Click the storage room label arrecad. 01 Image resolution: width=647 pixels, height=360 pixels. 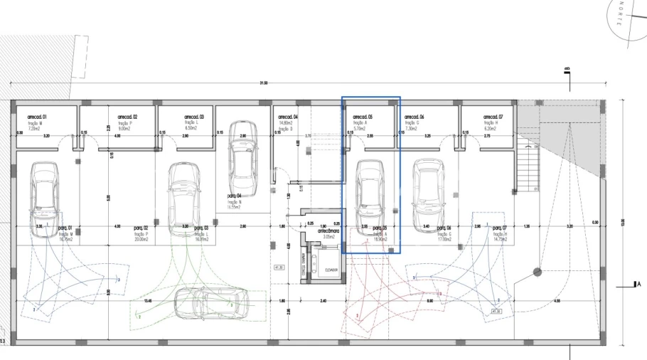37,116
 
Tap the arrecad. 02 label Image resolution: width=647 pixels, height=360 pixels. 127,116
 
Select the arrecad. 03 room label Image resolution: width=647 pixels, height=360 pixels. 194,116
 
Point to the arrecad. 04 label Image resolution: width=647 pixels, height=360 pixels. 287,116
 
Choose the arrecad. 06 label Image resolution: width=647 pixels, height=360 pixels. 414,116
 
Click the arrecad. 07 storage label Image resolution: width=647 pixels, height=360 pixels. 493,116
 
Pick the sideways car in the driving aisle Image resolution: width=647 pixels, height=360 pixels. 210,300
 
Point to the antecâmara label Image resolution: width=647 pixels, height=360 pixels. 328,231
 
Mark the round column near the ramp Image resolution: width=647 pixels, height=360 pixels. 538,271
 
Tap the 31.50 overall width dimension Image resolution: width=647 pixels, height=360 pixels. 264,83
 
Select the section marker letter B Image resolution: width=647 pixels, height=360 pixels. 567,69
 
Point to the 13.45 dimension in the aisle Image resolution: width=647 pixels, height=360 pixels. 147,301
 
